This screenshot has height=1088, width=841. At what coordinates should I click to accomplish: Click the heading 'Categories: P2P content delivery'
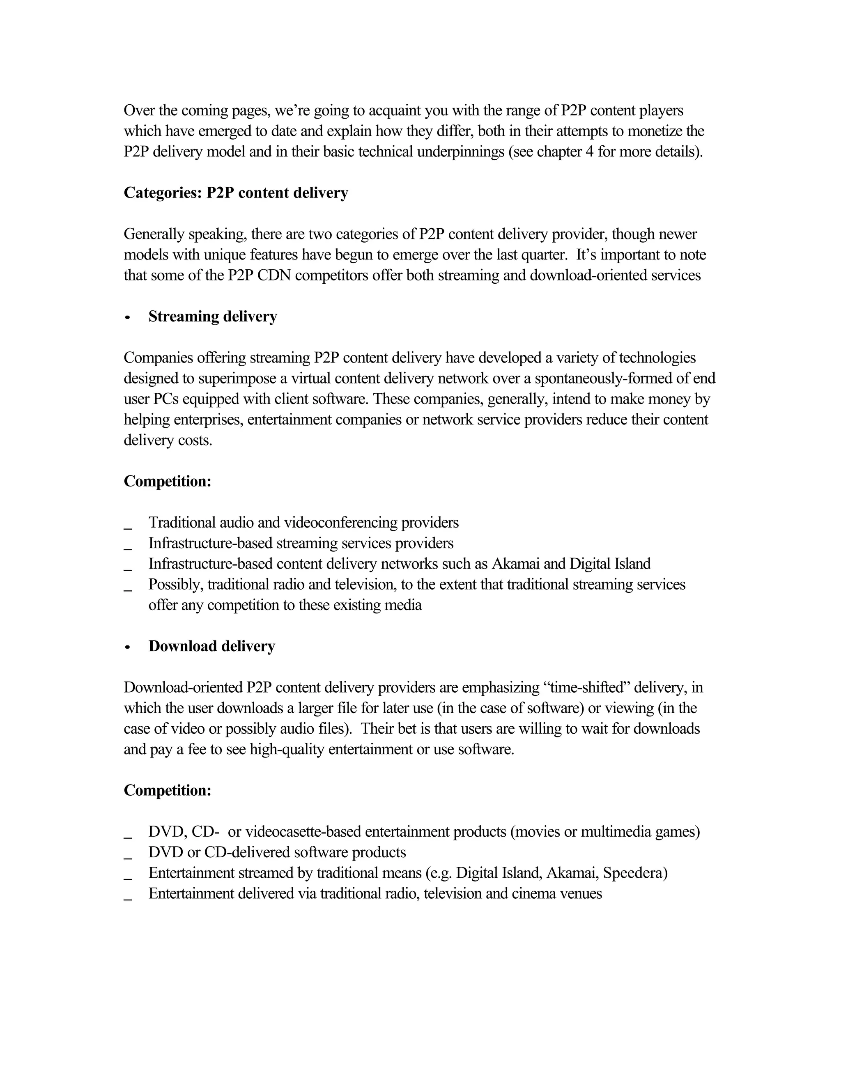point(236,193)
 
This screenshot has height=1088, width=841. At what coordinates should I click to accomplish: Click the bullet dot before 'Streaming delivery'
point(128,317)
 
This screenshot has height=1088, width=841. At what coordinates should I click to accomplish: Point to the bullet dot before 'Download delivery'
point(128,647)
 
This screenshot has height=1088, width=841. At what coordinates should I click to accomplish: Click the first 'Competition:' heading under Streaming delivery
point(168,481)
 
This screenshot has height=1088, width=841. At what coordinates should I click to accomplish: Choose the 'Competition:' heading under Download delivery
point(168,791)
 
